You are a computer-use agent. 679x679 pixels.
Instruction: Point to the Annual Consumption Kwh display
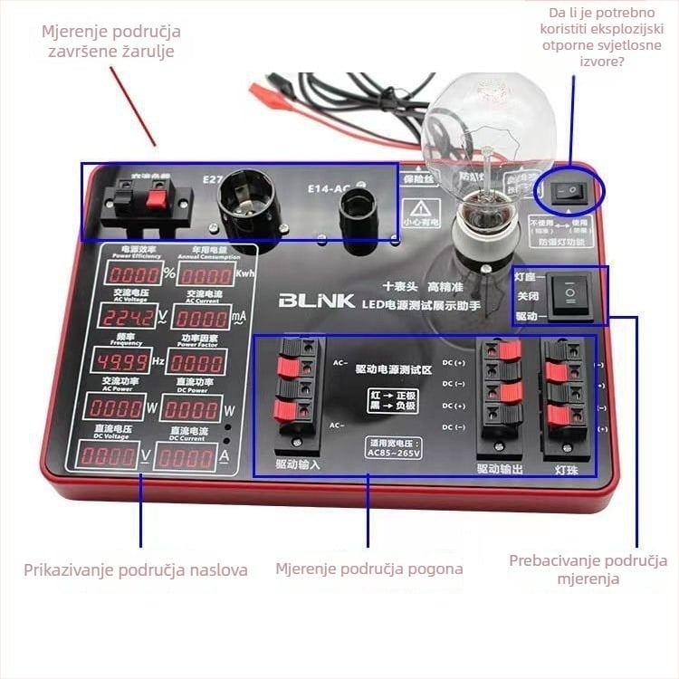[x=205, y=274]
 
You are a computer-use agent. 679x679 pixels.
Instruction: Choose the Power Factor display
[x=197, y=363]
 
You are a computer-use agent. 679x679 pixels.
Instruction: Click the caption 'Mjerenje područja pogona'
[x=369, y=569]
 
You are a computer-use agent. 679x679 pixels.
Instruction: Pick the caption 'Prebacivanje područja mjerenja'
[x=588, y=569]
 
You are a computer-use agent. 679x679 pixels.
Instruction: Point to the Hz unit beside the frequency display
[x=158, y=363]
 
